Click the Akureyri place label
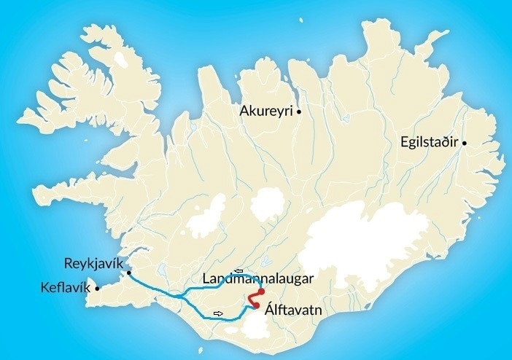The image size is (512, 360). pos(266,111)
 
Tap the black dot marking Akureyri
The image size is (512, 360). pos(299,111)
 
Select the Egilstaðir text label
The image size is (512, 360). pos(430,142)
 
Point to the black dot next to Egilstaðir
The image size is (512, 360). pos(464,143)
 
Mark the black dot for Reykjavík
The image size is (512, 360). pos(128,273)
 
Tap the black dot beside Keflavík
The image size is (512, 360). pos(97,288)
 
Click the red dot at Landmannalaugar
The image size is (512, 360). pos(261,291)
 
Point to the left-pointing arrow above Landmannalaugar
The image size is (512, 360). pos(238,271)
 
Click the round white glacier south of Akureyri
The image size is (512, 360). pos(267,205)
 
